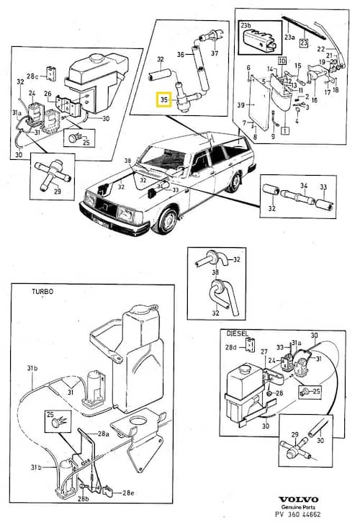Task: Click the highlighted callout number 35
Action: pyautogui.click(x=163, y=99)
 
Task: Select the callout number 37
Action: pyautogui.click(x=215, y=53)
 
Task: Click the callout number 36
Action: pyautogui.click(x=181, y=53)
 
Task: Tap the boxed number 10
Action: pyautogui.click(x=282, y=61)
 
